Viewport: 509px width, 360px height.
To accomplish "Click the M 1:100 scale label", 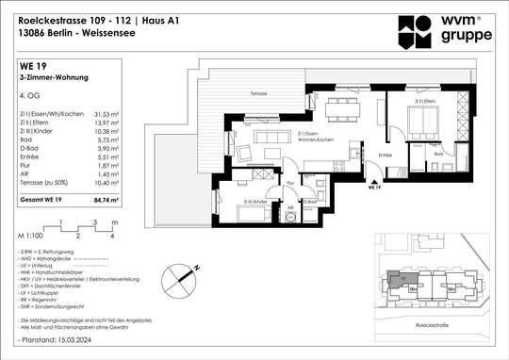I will (x=29, y=231).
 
